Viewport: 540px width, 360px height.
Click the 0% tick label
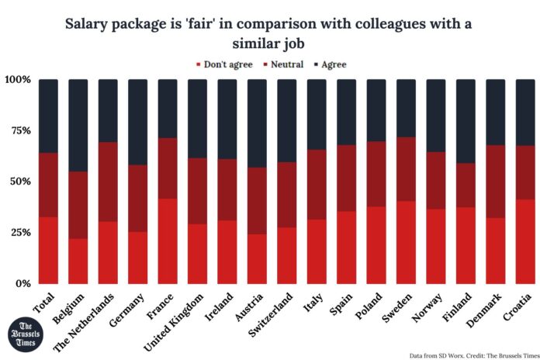pyautogui.click(x=22, y=283)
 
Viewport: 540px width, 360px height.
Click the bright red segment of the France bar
pyautogui.click(x=168, y=241)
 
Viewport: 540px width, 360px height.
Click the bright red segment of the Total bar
pyautogui.click(x=48, y=250)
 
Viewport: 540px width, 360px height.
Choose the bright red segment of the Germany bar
pyautogui.click(x=138, y=257)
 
